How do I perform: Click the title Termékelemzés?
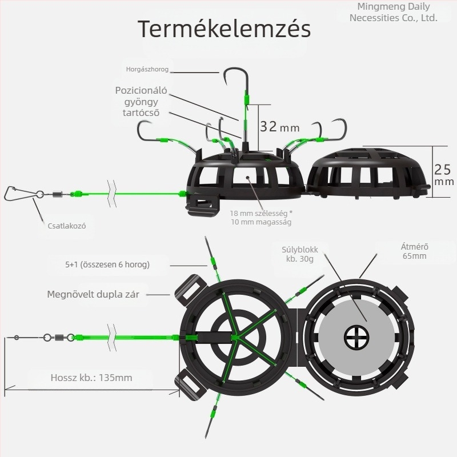[224, 29]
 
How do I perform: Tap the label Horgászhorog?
[147, 69]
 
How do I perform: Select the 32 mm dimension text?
[279, 127]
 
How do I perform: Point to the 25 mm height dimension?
[444, 174]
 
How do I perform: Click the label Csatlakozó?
[67, 226]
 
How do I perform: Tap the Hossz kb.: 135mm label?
[91, 378]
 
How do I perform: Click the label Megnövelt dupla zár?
[93, 294]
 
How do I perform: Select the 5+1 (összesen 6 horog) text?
[107, 264]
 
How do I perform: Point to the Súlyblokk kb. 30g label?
[299, 254]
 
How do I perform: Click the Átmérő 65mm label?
[415, 251]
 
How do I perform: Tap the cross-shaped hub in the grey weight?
[356, 337]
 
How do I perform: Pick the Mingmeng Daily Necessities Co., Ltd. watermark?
[394, 12]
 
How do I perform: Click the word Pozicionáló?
[141, 91]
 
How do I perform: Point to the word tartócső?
[141, 113]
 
